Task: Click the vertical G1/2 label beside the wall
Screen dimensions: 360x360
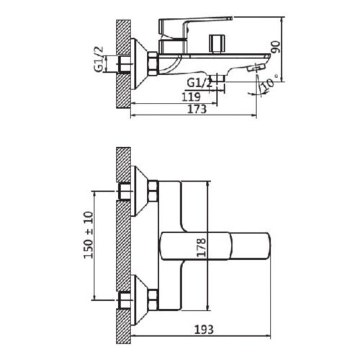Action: [x=98, y=58]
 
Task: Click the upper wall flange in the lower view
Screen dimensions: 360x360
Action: [x=138, y=190]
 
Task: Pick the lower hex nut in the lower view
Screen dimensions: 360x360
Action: [x=153, y=296]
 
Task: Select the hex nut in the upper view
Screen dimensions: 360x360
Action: [x=154, y=63]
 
